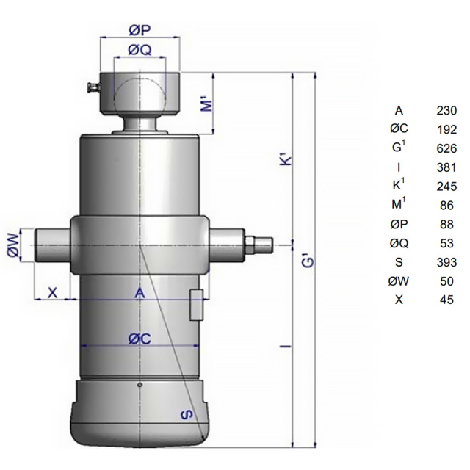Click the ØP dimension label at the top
tap(140, 30)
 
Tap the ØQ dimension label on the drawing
tap(140, 50)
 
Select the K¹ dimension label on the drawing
tap(286, 160)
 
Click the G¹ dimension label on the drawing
tap(308, 260)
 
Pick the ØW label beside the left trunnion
tap(13, 245)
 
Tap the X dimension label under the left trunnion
tap(52, 292)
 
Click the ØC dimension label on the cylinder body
tap(140, 339)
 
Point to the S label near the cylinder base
tap(187, 415)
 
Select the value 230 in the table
tap(446, 111)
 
